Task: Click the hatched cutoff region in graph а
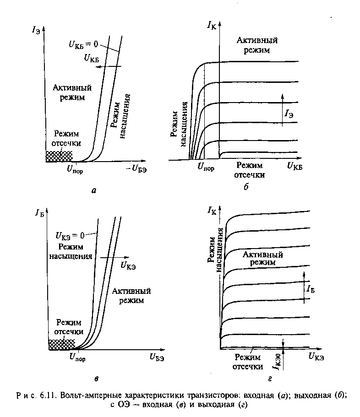click(59, 156)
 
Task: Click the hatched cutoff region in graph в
click(61, 344)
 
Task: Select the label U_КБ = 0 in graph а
click(80, 44)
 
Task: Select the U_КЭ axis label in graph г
click(317, 356)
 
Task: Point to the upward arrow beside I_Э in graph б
click(282, 108)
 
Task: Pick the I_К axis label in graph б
click(212, 27)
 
